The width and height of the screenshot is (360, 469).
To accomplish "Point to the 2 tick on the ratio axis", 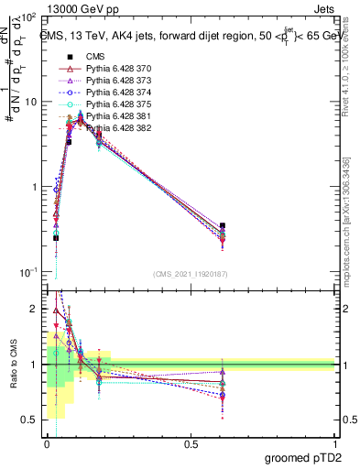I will (x=35, y=310).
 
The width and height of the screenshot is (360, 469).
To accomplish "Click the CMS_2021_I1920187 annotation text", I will (x=191, y=273).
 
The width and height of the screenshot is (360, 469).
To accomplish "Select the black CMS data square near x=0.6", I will (x=223, y=225).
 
